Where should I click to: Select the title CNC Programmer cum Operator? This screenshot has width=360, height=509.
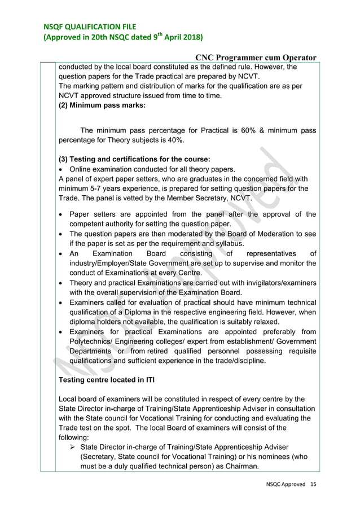256,57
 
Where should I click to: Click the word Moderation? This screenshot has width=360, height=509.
278,234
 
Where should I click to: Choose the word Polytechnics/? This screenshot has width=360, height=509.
94,341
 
